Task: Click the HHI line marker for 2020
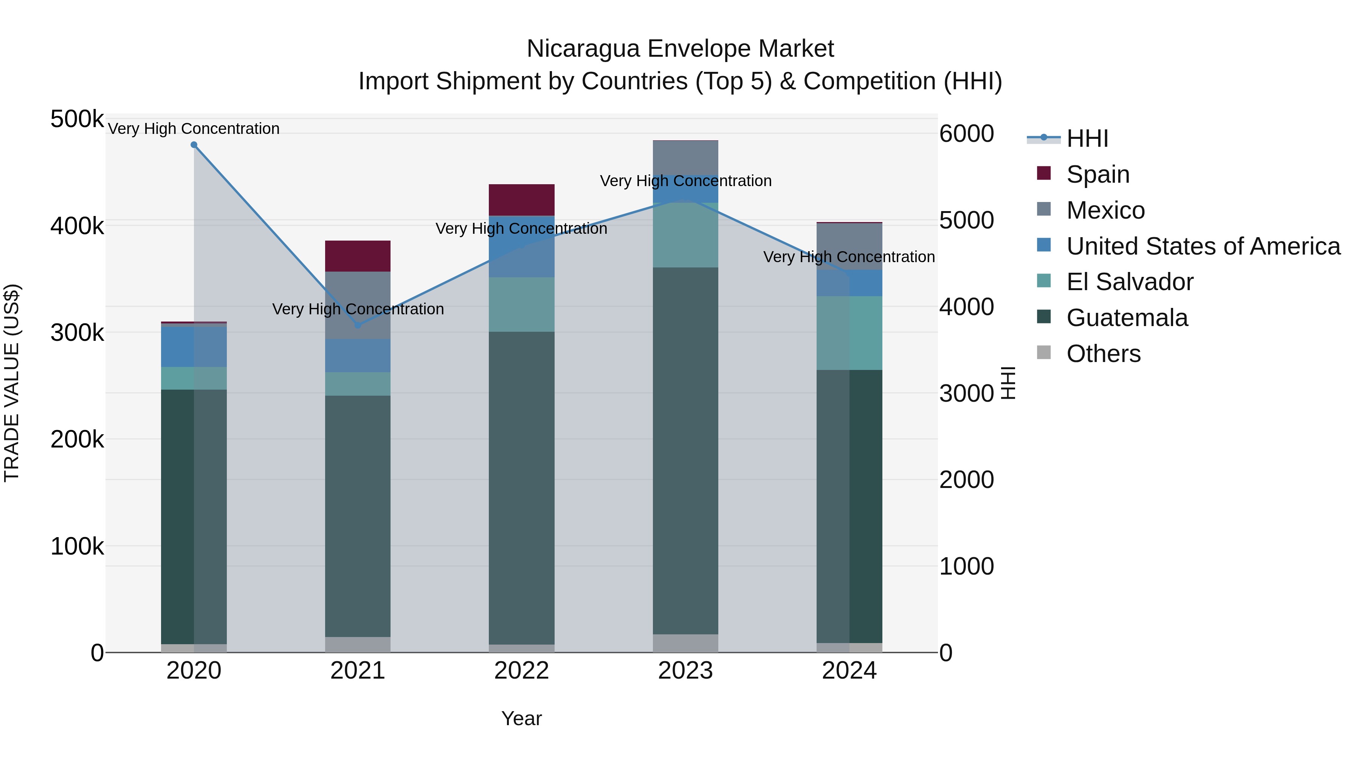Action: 194,145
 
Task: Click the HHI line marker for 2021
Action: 358,325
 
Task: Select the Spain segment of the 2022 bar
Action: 521,200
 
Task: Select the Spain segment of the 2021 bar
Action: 358,256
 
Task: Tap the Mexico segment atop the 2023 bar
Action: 685,157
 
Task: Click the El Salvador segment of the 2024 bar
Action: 849,333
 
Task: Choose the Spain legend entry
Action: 1097,174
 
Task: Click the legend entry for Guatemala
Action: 1127,318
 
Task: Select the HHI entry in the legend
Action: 1087,138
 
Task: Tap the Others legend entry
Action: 1103,354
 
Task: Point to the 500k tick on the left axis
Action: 77,119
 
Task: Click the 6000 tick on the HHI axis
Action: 966,134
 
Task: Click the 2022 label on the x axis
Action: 521,671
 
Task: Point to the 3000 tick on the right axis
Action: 966,393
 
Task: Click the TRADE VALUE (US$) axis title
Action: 12,383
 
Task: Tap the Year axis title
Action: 521,718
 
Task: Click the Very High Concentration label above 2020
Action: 194,129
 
